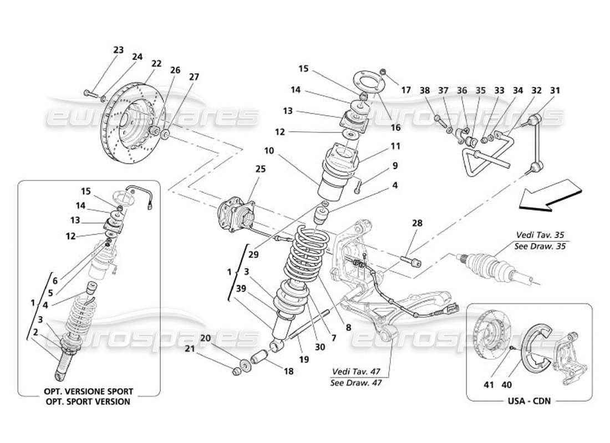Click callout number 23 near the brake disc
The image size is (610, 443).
point(119,49)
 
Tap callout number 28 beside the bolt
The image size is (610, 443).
point(417,223)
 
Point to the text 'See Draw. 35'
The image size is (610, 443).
point(540,246)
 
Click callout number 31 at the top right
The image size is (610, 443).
point(555,89)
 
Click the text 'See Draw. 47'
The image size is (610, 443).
point(356,382)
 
